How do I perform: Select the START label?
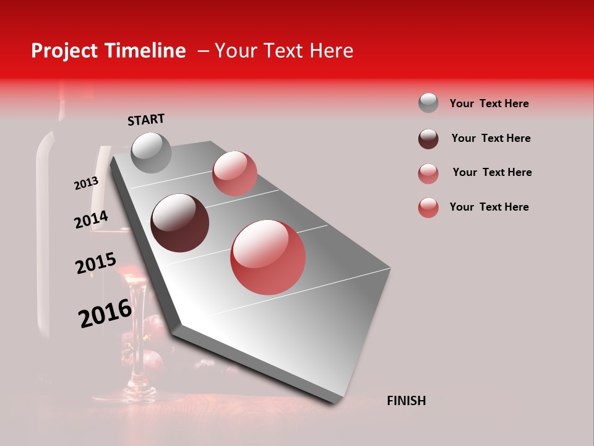click(146, 119)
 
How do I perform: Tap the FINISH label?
click(406, 401)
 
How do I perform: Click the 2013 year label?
click(86, 183)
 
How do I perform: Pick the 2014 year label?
click(91, 219)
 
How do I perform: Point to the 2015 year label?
click(96, 263)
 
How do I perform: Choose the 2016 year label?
click(105, 313)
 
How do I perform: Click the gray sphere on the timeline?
click(151, 152)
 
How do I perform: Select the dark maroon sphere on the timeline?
click(179, 223)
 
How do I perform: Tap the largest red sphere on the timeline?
click(268, 257)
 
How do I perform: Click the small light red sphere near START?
click(235, 173)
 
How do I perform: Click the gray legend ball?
click(428, 103)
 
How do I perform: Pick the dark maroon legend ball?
click(428, 139)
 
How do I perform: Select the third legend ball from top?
click(428, 173)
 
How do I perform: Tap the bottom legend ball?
click(428, 208)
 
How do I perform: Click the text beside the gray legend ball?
click(489, 103)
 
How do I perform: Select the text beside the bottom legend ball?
click(489, 207)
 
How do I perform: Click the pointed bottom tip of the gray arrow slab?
click(335, 401)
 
